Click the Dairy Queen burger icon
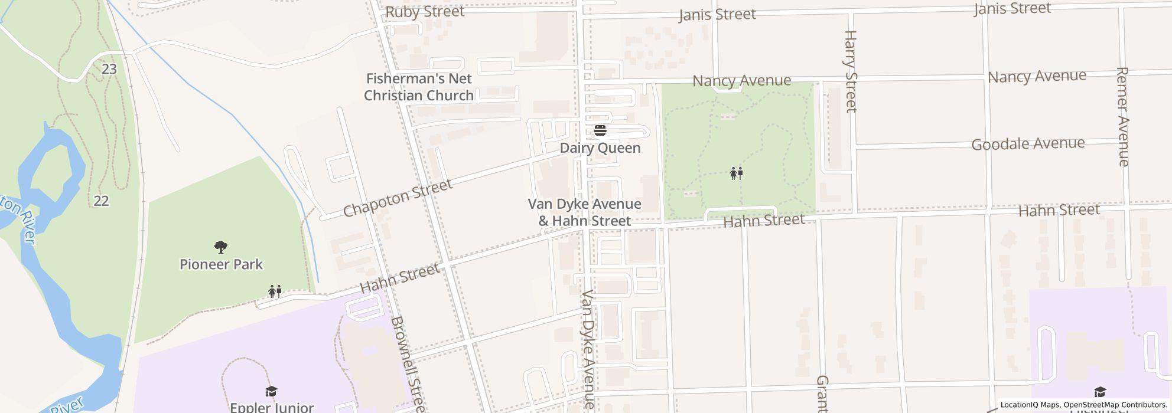tap(600, 130)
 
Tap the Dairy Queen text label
tap(600, 148)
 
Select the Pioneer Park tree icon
tap(221, 247)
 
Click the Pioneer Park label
tap(221, 264)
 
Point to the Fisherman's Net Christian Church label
tap(419, 87)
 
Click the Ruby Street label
tap(425, 12)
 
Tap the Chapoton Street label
tap(398, 198)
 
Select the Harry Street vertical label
tap(851, 71)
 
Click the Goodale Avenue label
tap(1028, 144)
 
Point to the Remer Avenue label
tap(1123, 116)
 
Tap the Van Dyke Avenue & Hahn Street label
tap(584, 212)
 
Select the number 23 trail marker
tap(109, 69)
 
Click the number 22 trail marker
tap(101, 201)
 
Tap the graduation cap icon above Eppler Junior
tap(271, 391)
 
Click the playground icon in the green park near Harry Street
tap(736, 173)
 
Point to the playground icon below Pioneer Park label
tap(275, 291)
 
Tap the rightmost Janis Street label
tap(1013, 9)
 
